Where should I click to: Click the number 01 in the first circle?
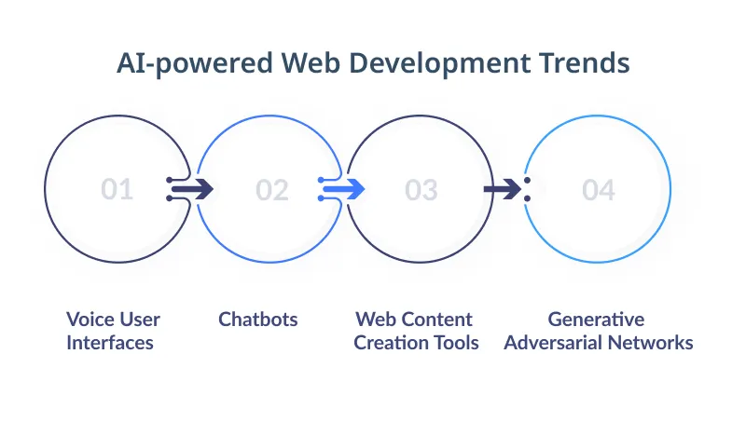pyautogui.click(x=117, y=190)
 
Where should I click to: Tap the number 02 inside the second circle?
pyautogui.click(x=272, y=190)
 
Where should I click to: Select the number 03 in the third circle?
pyautogui.click(x=421, y=190)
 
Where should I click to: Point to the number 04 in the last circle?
pyautogui.click(x=599, y=190)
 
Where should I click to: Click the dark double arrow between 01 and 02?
pyautogui.click(x=192, y=189)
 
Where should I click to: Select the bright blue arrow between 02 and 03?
pyautogui.click(x=343, y=189)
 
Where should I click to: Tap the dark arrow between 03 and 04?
pyautogui.click(x=504, y=189)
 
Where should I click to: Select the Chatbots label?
pyautogui.click(x=258, y=320)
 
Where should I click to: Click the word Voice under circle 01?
pyautogui.click(x=89, y=320)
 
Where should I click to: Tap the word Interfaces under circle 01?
pyautogui.click(x=110, y=343)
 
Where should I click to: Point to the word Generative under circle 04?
pyautogui.click(x=596, y=320)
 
